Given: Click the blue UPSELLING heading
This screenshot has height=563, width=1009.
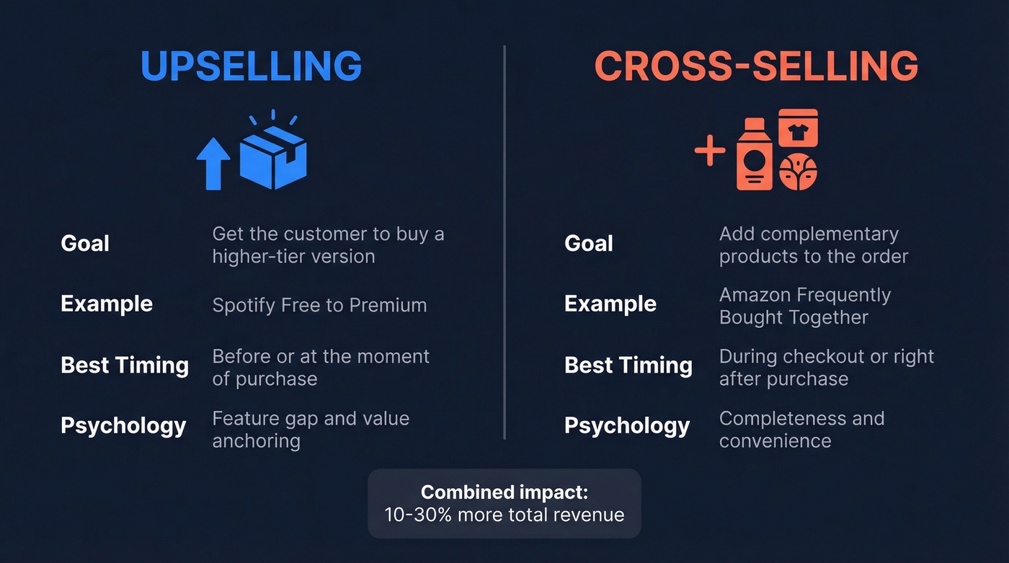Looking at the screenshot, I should pos(251,66).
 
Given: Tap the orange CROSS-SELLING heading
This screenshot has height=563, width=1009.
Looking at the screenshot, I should pos(756,66).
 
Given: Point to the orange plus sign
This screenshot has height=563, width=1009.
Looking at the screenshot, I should pos(710,151).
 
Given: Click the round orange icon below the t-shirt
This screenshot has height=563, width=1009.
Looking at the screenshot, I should pos(798,172).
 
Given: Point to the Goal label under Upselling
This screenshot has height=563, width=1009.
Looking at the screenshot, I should pos(85,244).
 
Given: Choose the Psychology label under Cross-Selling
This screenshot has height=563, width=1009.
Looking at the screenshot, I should pos(626,426).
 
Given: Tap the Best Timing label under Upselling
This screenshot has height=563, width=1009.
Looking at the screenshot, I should pos(125,365).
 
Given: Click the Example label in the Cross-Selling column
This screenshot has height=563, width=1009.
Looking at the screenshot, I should pos(610,304).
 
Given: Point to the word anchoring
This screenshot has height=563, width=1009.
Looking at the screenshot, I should pos(256,440).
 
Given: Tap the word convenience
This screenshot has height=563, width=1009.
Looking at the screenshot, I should pos(775,440).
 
